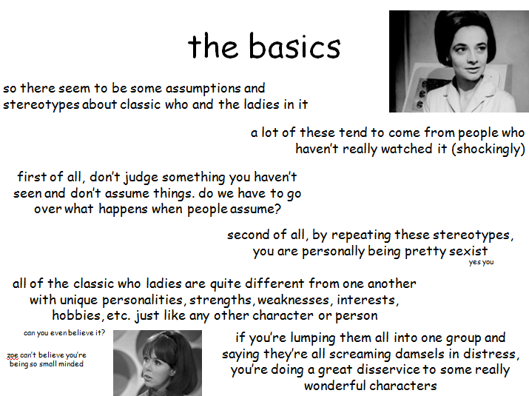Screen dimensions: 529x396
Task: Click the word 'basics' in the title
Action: (x=294, y=46)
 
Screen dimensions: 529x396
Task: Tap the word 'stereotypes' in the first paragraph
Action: (x=41, y=104)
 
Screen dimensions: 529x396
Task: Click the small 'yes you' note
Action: (x=481, y=262)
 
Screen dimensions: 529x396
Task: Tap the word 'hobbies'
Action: (x=77, y=315)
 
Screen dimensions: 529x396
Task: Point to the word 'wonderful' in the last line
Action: (x=337, y=386)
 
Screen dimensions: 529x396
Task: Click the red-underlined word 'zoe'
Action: (x=13, y=355)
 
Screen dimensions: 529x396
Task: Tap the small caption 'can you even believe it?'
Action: (x=64, y=333)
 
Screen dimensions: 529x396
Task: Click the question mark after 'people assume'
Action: (x=277, y=209)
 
